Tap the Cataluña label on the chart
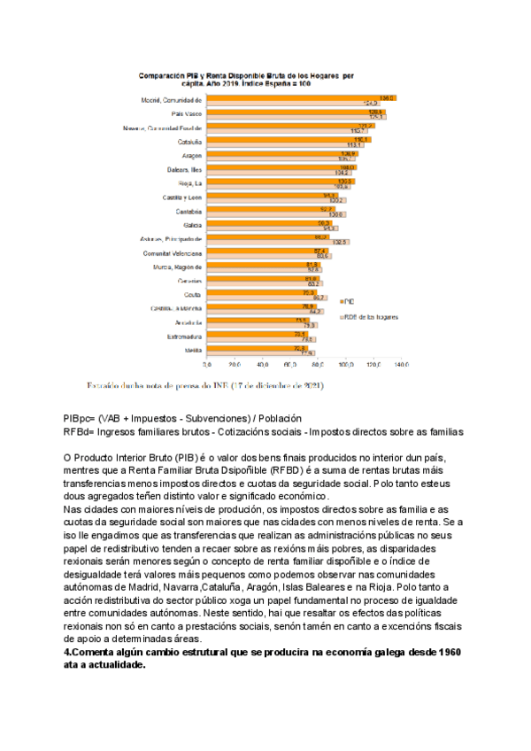click(x=190, y=142)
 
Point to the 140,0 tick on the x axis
click(x=401, y=364)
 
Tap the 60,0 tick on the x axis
click(x=290, y=364)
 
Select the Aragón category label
click(x=192, y=156)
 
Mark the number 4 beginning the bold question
click(x=66, y=652)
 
